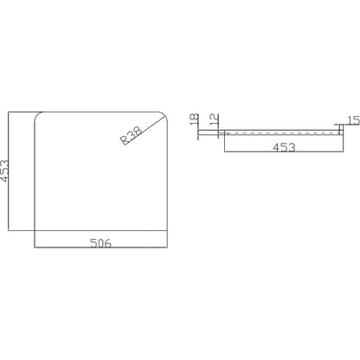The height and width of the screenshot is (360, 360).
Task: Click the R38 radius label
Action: pyautogui.click(x=132, y=135)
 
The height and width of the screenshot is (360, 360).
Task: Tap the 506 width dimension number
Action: pyautogui.click(x=100, y=243)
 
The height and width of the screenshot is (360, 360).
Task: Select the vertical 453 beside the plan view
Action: pyautogui.click(x=4, y=171)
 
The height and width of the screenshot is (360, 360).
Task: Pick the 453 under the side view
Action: pyautogui.click(x=284, y=147)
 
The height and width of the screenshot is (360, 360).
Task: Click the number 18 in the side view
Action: pyautogui.click(x=195, y=119)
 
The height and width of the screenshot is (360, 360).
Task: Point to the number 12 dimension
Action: pyautogui.click(x=215, y=119)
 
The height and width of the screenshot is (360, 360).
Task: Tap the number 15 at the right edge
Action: pyautogui.click(x=354, y=120)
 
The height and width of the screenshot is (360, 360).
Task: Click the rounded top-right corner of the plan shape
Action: pyautogui.click(x=164, y=114)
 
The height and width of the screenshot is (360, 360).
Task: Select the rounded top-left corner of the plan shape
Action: pyautogui.click(x=37, y=114)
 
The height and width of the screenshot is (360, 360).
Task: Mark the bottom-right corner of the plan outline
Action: pyautogui.click(x=167, y=230)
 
